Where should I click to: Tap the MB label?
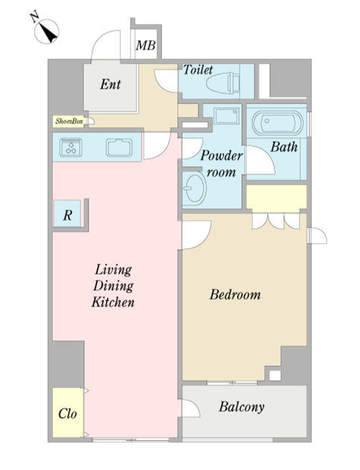point(146,45)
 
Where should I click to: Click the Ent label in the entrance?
point(110,84)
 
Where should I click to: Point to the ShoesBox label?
point(69,121)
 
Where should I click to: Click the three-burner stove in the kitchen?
point(71,147)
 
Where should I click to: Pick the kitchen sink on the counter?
point(119,147)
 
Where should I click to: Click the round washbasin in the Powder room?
point(194,188)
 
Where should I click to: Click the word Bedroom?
point(235,295)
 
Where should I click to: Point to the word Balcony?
point(241,407)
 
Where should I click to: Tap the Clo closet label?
point(68,414)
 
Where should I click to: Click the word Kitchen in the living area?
point(113,302)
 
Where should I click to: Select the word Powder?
point(221,155)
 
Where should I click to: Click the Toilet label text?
point(198,70)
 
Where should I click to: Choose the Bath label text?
point(284,147)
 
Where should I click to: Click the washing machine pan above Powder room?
point(227,116)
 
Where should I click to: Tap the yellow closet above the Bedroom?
point(277,197)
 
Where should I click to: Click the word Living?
point(113,270)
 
